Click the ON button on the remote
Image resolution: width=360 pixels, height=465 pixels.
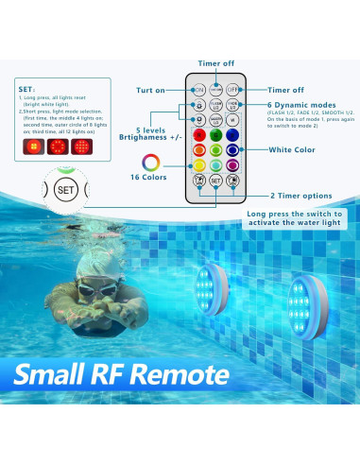[x=199, y=88]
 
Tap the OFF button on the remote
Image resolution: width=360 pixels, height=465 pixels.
[x=232, y=88]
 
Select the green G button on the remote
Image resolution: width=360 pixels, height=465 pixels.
[x=215, y=134]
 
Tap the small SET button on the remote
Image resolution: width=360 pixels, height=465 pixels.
[x=215, y=180]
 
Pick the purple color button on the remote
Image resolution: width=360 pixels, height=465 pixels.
[x=232, y=164]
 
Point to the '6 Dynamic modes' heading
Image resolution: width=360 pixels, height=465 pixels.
[x=299, y=104]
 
